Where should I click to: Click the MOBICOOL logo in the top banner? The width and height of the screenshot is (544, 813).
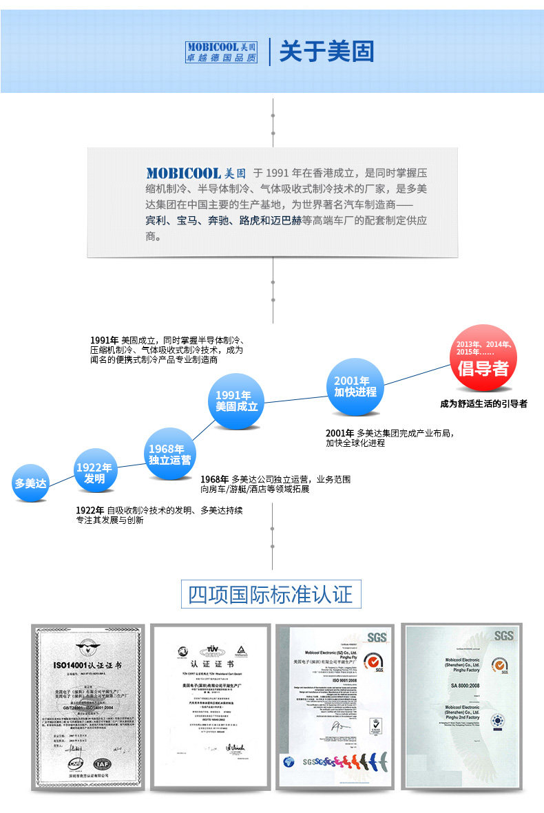[221, 52]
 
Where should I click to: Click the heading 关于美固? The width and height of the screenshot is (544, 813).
[326, 52]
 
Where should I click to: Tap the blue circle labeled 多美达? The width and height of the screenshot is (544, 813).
[31, 483]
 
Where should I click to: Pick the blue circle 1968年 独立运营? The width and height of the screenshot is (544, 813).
[169, 454]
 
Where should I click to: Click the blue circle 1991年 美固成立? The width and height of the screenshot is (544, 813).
[236, 401]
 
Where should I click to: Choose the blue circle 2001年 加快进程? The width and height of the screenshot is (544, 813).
[355, 386]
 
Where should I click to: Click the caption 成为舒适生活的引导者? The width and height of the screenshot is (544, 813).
[484, 404]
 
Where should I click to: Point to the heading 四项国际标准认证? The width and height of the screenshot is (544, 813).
[271, 594]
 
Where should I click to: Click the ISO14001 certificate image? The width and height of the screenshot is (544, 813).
[88, 708]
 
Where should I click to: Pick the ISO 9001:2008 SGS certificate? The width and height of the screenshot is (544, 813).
[334, 708]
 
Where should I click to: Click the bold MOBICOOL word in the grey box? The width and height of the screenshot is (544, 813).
[183, 173]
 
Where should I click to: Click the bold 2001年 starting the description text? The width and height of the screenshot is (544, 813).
[339, 433]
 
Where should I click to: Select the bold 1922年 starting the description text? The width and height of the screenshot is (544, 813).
[90, 510]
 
